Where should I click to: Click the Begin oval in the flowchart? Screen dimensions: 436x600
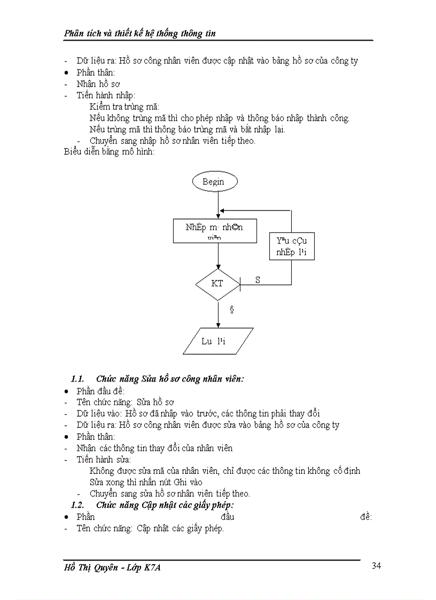click(214, 182)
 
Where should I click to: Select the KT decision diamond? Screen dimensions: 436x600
click(218, 284)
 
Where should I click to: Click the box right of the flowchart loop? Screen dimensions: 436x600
click(292, 246)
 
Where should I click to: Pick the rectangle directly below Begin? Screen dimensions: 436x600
click(215, 231)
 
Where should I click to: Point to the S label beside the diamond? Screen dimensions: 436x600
click(258, 279)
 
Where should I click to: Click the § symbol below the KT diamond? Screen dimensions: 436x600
click(231, 309)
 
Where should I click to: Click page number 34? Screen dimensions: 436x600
click(376, 566)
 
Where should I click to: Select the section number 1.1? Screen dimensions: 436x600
click(78, 379)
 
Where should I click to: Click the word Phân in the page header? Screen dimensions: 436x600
click(74, 34)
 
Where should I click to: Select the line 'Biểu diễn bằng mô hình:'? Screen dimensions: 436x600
click(108, 152)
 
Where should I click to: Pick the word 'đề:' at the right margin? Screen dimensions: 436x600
click(366, 517)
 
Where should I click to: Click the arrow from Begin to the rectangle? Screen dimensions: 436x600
click(218, 206)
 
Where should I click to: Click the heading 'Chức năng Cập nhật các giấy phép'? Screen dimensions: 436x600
click(166, 505)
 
